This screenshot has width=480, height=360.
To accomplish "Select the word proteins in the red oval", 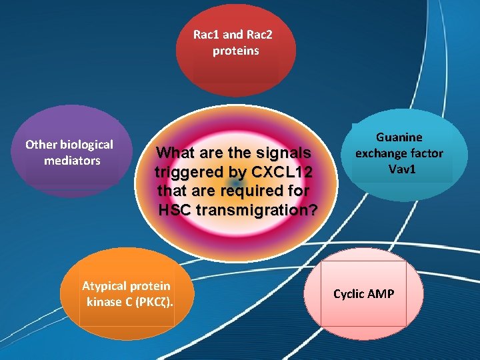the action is (x=235, y=51).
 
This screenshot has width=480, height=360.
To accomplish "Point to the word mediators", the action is (x=72, y=161).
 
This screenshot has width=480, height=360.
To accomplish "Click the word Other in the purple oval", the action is (x=41, y=145).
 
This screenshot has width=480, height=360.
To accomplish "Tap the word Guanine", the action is (x=399, y=137).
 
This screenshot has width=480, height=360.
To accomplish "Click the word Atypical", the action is (x=104, y=286).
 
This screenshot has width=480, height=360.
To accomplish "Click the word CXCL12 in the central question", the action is (x=279, y=172).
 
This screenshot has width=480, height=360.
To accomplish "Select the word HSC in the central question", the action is (x=175, y=211).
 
